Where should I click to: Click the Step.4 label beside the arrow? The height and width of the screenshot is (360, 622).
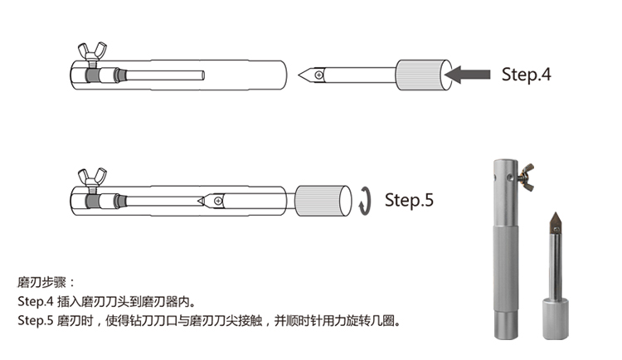[x=526, y=75]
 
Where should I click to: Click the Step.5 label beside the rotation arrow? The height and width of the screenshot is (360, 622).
[x=409, y=200]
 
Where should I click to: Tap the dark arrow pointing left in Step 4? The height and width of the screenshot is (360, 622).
[x=467, y=75]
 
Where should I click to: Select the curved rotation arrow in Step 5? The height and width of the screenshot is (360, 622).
[x=365, y=201]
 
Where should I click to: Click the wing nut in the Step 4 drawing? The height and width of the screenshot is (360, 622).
[x=92, y=51]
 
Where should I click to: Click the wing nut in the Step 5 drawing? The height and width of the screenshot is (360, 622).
[x=92, y=177]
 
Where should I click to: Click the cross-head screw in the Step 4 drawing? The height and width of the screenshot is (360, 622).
[x=318, y=75]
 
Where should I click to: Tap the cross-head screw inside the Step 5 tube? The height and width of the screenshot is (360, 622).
[x=218, y=201]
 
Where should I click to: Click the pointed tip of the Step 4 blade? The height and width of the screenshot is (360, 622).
[x=299, y=75]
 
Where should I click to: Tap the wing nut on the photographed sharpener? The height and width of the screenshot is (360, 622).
[x=526, y=177]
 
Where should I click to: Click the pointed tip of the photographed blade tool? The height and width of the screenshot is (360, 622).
[x=555, y=212]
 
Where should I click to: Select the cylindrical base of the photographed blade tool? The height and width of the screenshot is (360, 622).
[x=556, y=319]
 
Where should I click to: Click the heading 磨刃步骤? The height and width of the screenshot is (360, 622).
[x=41, y=283]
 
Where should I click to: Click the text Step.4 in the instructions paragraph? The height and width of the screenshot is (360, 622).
[x=36, y=302]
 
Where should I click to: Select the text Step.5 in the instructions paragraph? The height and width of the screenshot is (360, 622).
[x=36, y=320]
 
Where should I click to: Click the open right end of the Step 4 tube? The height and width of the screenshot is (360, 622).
[x=284, y=75]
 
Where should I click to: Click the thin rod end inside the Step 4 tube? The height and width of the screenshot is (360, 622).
[x=203, y=75]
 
